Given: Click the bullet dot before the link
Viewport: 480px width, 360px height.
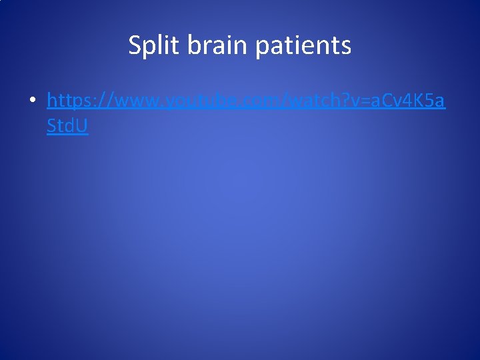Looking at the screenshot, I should [x=31, y=101].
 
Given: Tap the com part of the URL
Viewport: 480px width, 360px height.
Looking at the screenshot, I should [x=249, y=101].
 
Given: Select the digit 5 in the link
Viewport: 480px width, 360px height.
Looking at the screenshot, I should [x=424, y=101].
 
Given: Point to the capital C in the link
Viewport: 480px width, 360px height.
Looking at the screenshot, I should [x=378, y=101].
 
